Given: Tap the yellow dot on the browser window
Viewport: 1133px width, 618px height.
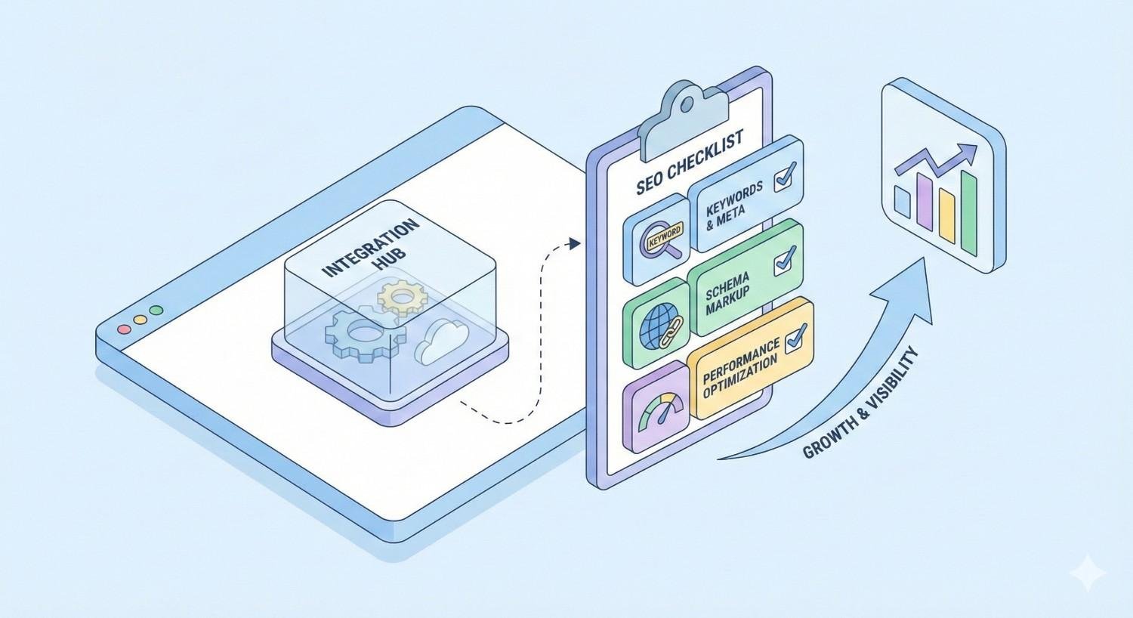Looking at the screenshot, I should click(x=140, y=320).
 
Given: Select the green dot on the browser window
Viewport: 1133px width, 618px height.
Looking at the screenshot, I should click(x=156, y=310).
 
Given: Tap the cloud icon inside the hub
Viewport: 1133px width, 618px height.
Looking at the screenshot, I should click(x=442, y=341).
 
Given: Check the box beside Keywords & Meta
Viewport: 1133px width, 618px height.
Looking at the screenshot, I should click(x=784, y=175).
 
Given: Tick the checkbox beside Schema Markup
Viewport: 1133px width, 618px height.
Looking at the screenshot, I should click(x=784, y=260).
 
